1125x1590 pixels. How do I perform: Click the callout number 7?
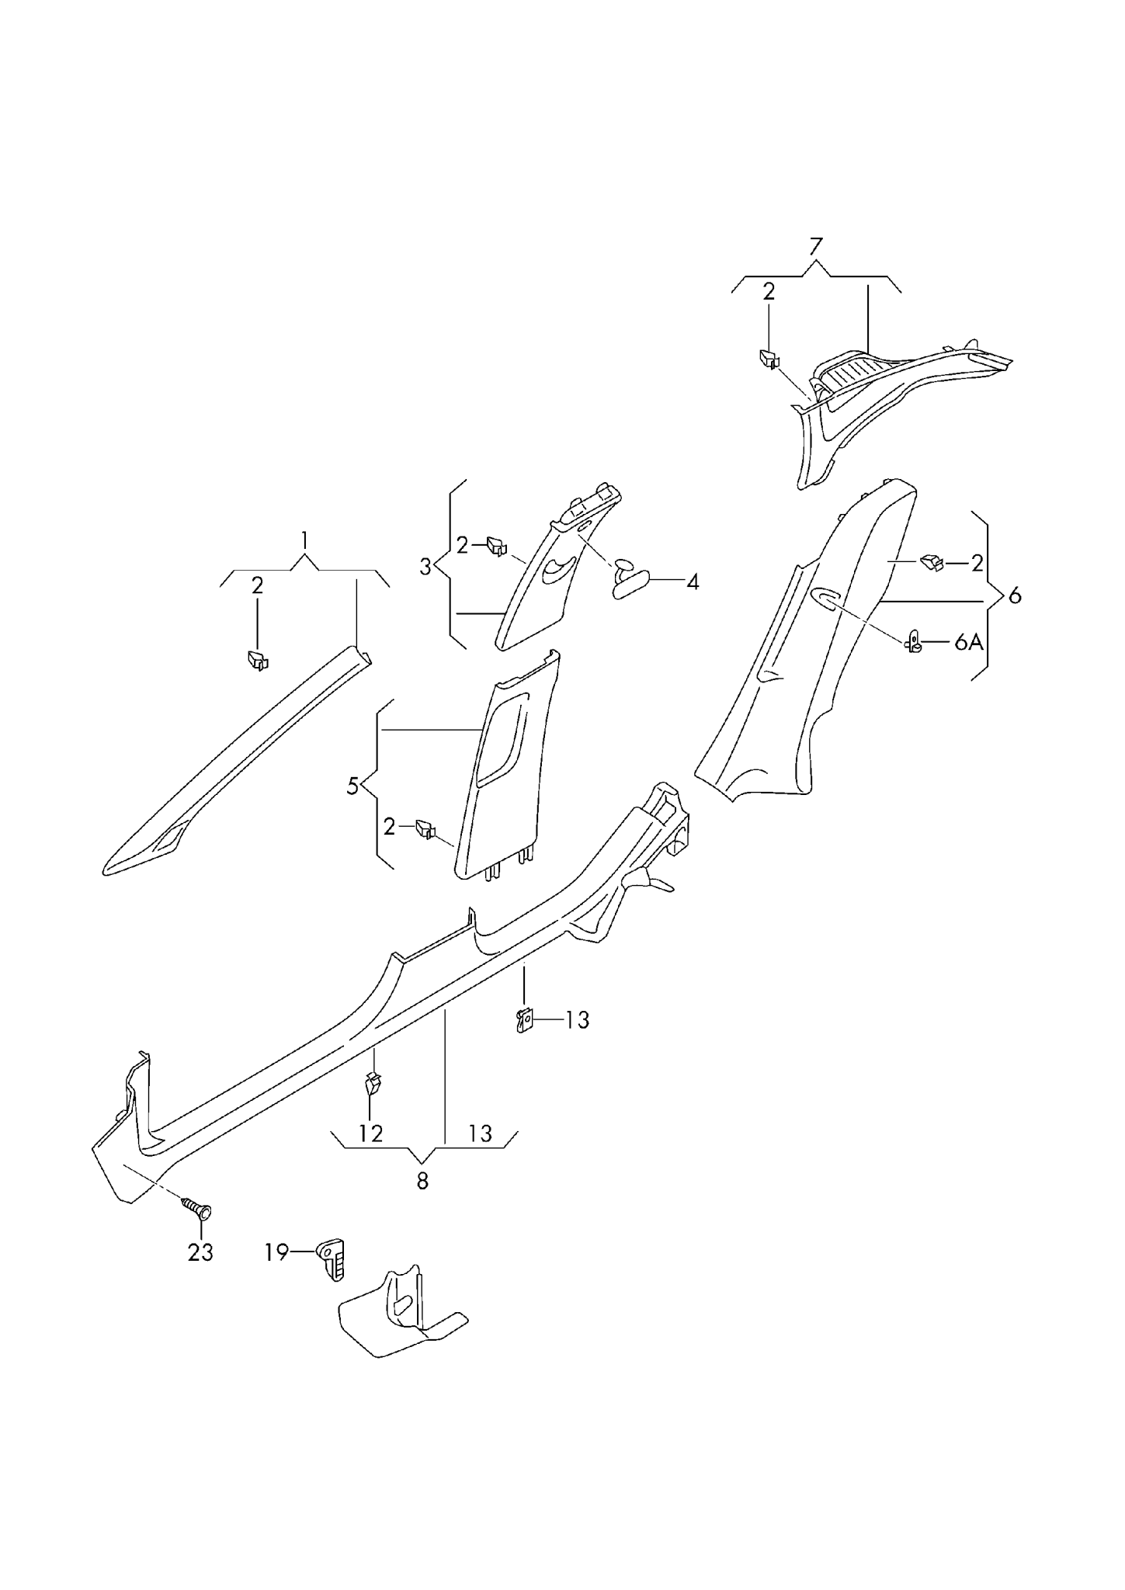814,248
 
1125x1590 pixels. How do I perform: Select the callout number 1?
305,540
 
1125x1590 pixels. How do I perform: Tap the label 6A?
968,642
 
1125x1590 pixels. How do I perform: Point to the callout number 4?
692,581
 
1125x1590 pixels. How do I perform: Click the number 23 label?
200,1252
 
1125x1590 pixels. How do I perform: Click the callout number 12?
371,1133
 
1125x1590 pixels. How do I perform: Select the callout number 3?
425,567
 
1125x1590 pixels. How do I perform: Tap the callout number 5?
353,786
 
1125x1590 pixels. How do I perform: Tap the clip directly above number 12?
373,1081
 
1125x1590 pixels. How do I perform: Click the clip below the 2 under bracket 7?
769,359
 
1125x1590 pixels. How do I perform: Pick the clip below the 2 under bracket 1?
257,660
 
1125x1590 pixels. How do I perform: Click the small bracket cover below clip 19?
400,1316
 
